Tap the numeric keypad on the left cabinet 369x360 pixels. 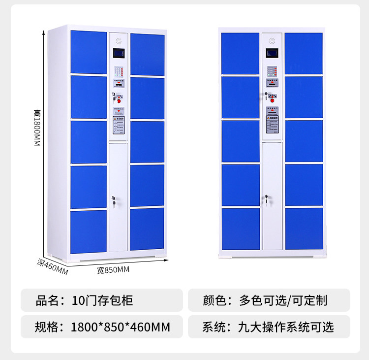118,71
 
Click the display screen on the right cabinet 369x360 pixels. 272,53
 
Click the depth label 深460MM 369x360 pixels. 52,266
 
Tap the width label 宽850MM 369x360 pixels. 113,270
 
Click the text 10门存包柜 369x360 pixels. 102,300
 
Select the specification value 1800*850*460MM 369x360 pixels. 121,327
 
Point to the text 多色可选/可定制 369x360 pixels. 283,300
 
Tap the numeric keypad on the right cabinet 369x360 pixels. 272,71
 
